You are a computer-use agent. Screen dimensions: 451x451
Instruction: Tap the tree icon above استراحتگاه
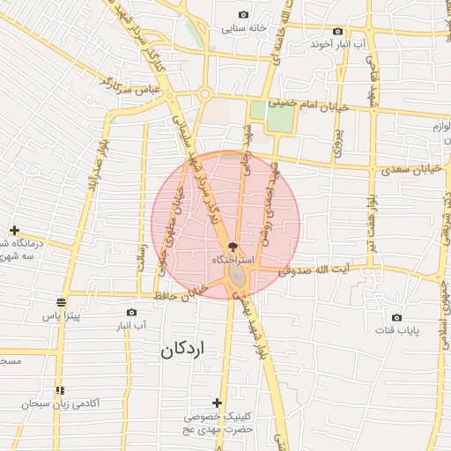(x=233, y=248)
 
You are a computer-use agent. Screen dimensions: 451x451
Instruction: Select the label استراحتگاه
(x=233, y=262)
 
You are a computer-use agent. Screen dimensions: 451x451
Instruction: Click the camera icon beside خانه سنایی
(x=243, y=14)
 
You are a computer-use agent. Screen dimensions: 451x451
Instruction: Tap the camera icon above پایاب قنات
(x=396, y=317)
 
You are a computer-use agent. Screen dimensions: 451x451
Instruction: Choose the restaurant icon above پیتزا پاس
(x=59, y=299)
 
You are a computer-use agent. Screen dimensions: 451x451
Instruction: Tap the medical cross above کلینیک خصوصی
(x=218, y=402)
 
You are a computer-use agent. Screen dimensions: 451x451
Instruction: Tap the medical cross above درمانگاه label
(x=14, y=230)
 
